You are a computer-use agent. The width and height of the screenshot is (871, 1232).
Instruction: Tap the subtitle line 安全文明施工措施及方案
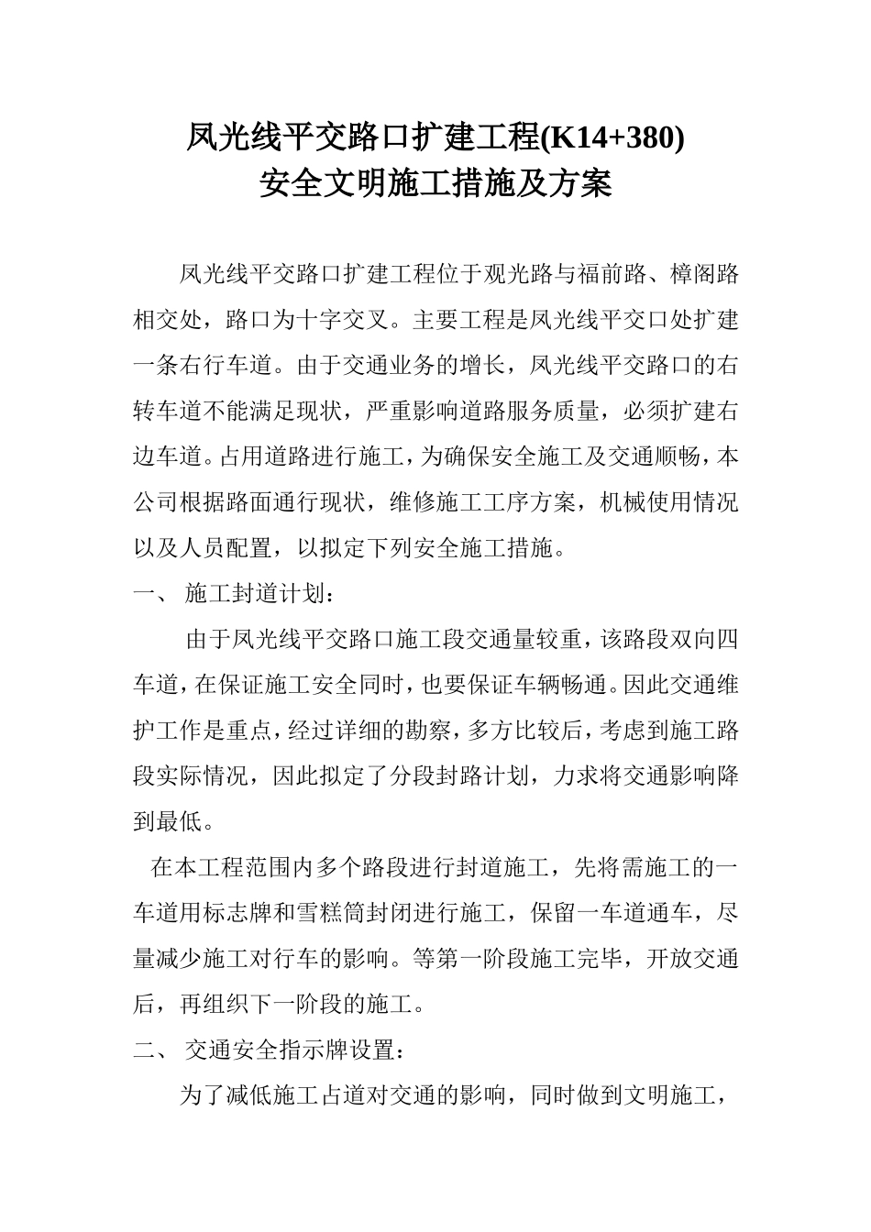[x=435, y=184]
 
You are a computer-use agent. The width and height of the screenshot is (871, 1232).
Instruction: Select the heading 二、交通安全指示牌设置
[x=267, y=1050]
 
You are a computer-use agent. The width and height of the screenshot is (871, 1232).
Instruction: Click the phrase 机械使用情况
[x=668, y=502]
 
